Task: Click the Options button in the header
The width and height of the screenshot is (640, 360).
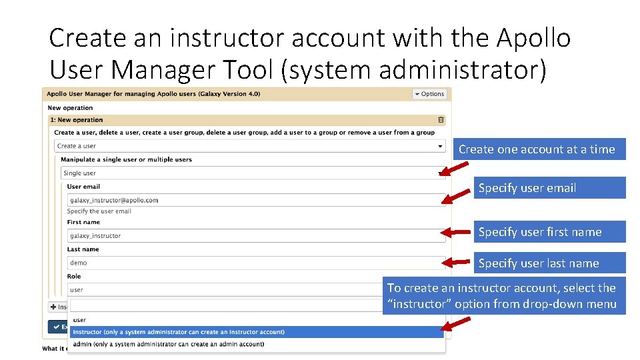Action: click(x=429, y=94)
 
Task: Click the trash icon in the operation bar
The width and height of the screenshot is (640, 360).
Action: click(x=441, y=120)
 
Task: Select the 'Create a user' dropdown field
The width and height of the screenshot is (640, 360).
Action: click(x=250, y=146)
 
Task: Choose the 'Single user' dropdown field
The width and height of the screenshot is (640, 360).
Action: click(x=253, y=173)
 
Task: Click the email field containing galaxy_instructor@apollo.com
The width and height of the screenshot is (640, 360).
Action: click(x=256, y=200)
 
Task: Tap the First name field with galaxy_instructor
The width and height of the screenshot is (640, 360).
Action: click(x=256, y=235)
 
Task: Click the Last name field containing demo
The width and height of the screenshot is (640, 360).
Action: click(x=256, y=263)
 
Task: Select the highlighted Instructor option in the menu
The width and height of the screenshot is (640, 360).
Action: click(x=256, y=332)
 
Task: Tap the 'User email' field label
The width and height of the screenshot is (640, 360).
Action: click(x=83, y=187)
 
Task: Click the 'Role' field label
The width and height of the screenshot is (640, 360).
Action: click(x=74, y=276)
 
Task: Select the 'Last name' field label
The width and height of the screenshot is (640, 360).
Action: click(x=83, y=249)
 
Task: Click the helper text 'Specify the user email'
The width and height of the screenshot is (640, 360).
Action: click(x=99, y=211)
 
